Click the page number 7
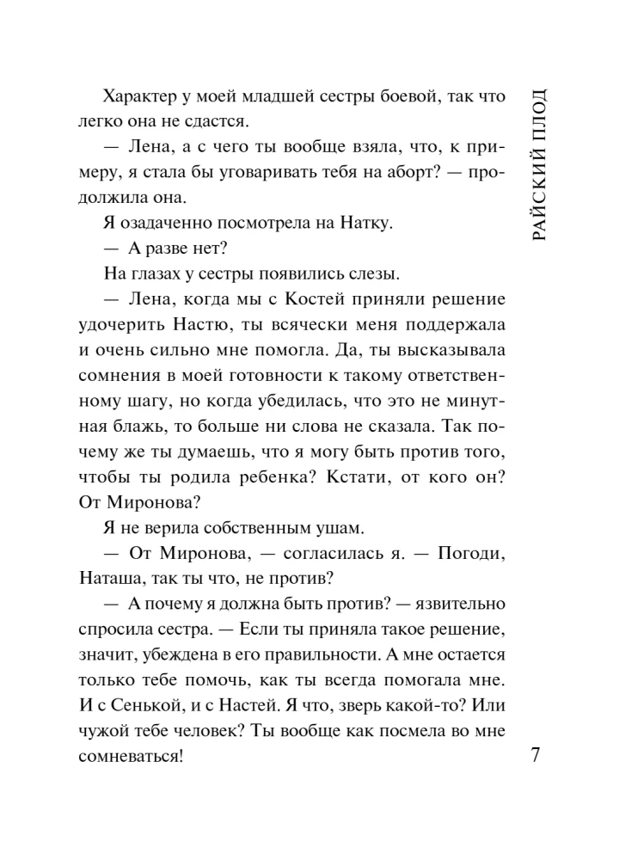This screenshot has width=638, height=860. pyautogui.click(x=535, y=757)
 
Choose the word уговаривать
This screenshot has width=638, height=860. pyautogui.click(x=269, y=172)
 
